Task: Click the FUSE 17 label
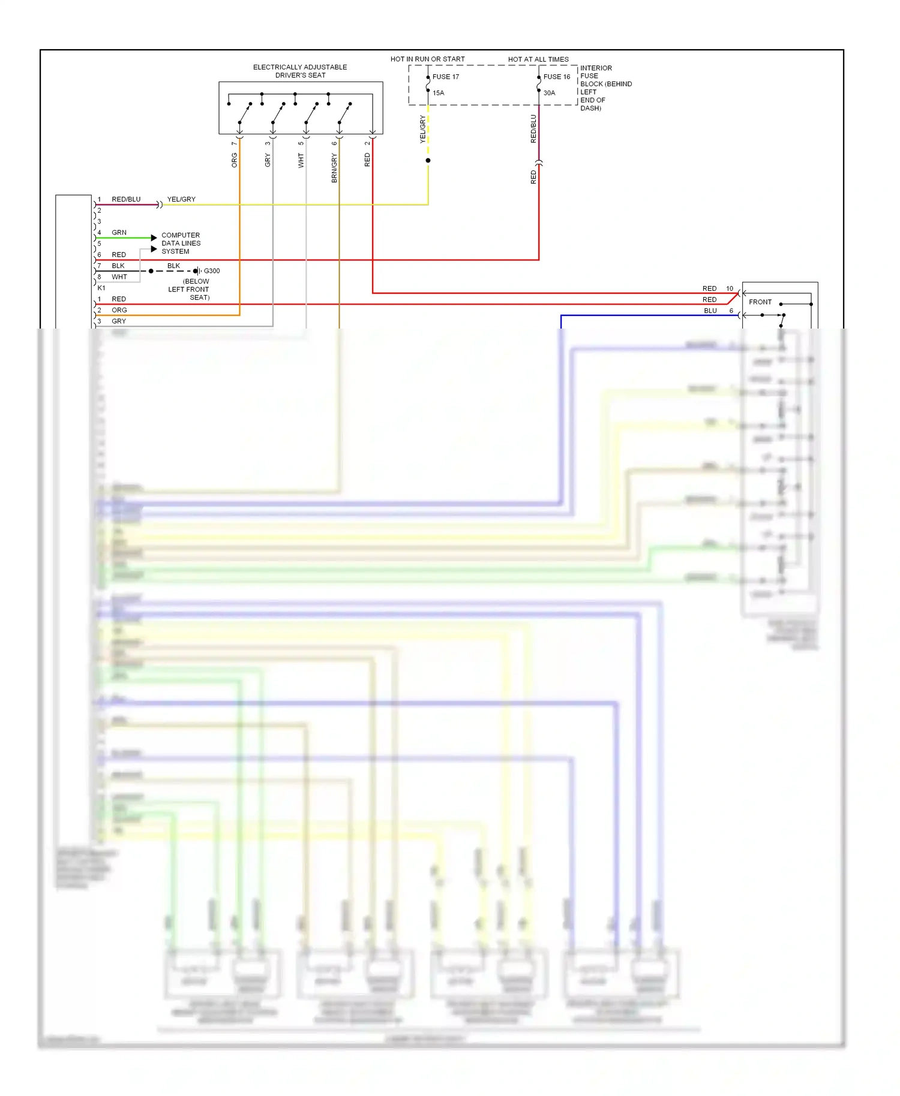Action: tap(445, 77)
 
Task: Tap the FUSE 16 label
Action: tap(556, 77)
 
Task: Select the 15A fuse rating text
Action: tap(438, 93)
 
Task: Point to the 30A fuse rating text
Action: tap(549, 93)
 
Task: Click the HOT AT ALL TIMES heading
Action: tap(538, 59)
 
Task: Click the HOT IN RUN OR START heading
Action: tap(427, 59)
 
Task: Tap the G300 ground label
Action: tap(212, 271)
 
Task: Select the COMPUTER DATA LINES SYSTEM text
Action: tap(181, 243)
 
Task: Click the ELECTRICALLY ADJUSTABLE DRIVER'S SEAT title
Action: tap(300, 71)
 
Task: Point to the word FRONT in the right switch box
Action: tap(760, 302)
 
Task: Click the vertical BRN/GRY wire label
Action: tap(334, 168)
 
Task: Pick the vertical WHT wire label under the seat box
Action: tap(301, 160)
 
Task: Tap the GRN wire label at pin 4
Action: tap(119, 233)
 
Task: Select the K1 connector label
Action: tap(101, 288)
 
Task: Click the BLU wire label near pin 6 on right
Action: tap(710, 311)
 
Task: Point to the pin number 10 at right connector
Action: tap(730, 289)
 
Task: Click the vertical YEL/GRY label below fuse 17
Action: tap(422, 130)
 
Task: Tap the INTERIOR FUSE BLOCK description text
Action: tap(605, 88)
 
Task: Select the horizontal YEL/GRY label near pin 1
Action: tap(181, 199)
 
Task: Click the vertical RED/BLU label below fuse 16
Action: tap(533, 129)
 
